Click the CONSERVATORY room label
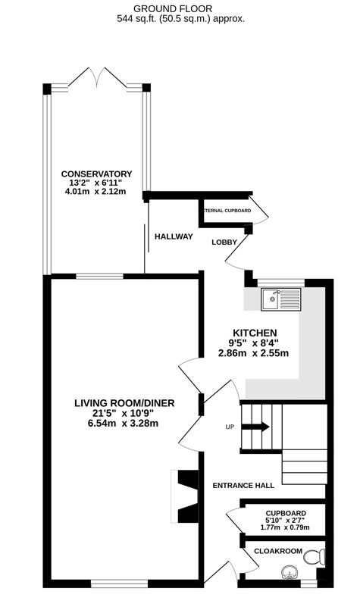coord(97,174)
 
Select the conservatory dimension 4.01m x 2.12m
coord(97,192)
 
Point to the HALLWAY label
coord(174,237)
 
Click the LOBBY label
coord(224,242)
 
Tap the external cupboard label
coord(227,210)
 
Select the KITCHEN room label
coord(254,333)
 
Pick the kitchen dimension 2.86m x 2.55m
coord(254,353)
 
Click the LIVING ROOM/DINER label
coord(124,402)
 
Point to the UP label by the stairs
coord(230,427)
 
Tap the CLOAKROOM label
coord(278,551)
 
